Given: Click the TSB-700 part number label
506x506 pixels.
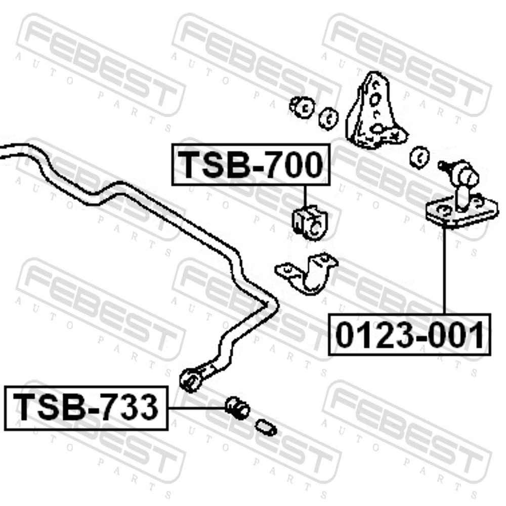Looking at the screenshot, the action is [x=251, y=164].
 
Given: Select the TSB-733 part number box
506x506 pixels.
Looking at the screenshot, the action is [x=87, y=408].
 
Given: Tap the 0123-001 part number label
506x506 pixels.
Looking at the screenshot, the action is [x=409, y=334].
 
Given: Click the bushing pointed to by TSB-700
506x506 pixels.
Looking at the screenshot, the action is [x=310, y=223].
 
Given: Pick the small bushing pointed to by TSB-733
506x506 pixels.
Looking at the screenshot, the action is [x=238, y=408].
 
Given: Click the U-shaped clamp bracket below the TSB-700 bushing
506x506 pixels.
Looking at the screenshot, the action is [x=306, y=273].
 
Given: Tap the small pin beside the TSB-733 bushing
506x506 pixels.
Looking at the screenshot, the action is [x=266, y=427].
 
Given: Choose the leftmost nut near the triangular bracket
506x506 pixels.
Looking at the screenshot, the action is [x=303, y=107].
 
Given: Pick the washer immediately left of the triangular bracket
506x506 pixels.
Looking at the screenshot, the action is [x=328, y=118].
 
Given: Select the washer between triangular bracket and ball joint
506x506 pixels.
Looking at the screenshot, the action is [x=419, y=157].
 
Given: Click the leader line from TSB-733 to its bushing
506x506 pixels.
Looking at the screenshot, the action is [x=197, y=408].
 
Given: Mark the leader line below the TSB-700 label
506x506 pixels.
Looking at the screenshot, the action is [x=305, y=196].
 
